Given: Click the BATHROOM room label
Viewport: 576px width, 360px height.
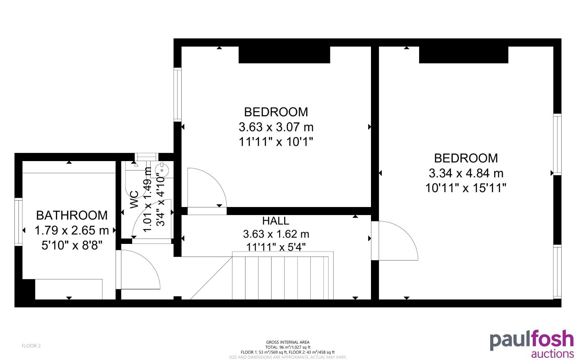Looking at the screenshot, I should tap(72, 215).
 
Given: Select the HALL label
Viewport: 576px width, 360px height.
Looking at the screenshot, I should tap(276, 221).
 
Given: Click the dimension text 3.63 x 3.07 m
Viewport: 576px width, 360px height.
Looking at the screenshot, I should tap(276, 127).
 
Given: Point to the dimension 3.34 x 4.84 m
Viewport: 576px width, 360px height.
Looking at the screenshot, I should tap(466, 173).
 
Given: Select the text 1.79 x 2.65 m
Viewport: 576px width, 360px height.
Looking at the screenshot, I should tap(72, 231).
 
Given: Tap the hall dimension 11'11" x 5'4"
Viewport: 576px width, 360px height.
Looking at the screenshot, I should tap(276, 247).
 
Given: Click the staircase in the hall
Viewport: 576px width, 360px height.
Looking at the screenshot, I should tap(283, 275).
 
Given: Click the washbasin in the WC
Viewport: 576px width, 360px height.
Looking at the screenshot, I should tap(161, 170).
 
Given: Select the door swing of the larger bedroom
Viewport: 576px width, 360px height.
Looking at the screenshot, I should tap(398, 241).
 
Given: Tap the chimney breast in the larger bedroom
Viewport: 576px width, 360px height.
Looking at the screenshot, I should tap(464, 54).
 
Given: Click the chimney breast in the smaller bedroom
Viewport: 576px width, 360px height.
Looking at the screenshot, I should tap(284, 54).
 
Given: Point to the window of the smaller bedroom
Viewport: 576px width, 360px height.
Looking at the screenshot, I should tap(178, 94).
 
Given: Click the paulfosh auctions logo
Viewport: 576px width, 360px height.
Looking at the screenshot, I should tap(531, 344).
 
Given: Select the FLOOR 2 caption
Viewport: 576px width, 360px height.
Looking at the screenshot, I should tap(31, 346).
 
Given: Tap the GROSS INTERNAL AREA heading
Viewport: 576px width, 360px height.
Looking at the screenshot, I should tap(288, 342).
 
